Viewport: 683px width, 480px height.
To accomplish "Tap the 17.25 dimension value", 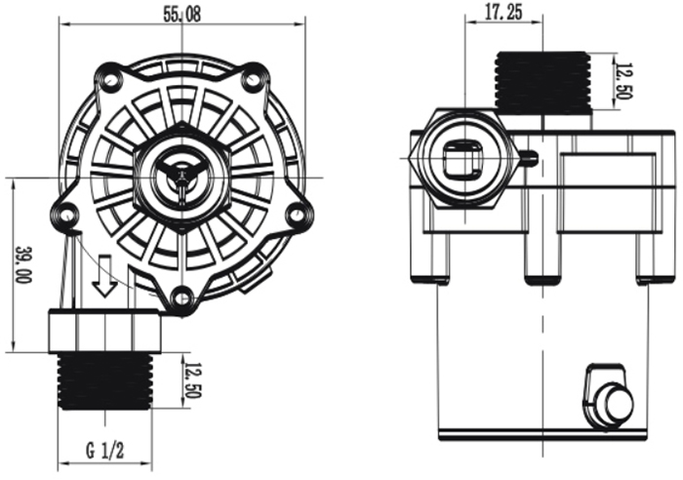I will [x=501, y=13].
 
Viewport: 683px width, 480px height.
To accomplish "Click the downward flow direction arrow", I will [x=104, y=281].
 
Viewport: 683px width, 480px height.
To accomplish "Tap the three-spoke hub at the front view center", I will [x=182, y=177].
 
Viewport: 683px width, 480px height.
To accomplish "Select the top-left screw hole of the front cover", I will [x=110, y=79].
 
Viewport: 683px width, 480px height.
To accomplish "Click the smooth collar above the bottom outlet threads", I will [x=104, y=331].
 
